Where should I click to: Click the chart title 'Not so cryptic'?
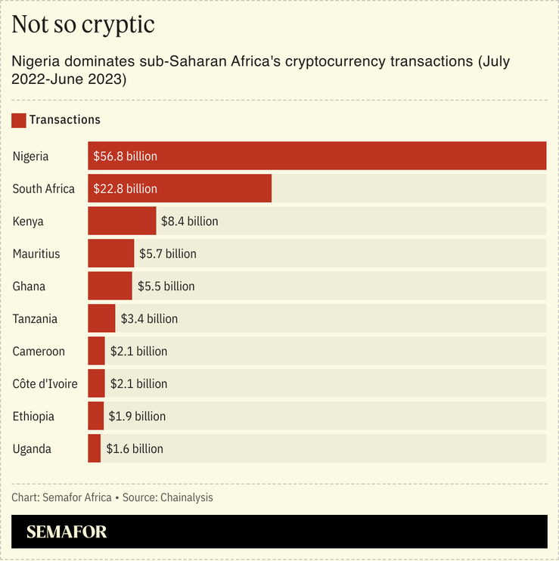83,24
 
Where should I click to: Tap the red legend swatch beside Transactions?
19,119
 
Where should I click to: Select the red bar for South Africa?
179,188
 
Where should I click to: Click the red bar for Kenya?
122,221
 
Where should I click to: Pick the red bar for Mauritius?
110,253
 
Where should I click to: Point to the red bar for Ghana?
110,286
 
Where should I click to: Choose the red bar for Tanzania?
101,318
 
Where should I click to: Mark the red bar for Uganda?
94,448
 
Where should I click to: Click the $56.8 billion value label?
126,157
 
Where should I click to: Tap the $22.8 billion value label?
126,189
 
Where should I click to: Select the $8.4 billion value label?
190,222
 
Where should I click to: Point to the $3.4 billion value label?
149,319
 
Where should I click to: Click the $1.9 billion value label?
137,417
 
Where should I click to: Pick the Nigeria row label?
31,157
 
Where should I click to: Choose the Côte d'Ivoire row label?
45,384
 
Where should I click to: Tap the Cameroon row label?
39,352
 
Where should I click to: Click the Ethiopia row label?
33,417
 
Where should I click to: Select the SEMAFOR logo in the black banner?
67,532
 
